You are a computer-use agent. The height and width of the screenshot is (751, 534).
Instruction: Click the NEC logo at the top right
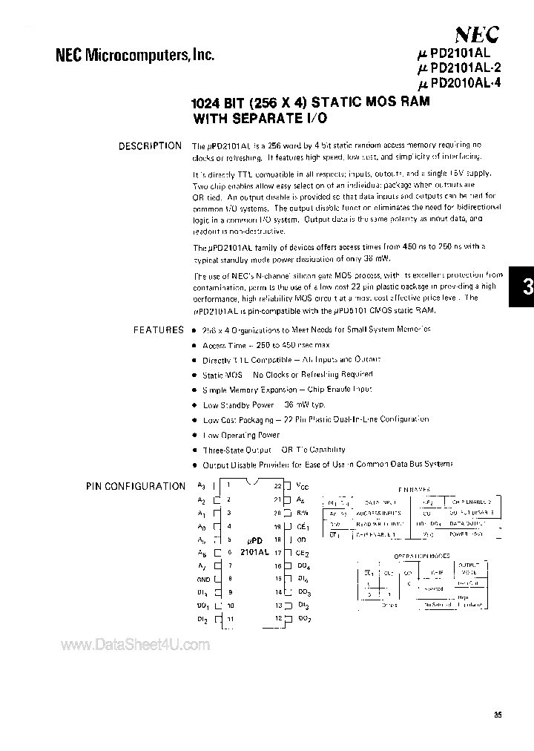point(475,33)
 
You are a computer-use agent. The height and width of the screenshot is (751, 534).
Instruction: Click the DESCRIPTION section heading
point(150,145)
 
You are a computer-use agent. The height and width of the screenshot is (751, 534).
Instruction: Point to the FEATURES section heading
point(158,329)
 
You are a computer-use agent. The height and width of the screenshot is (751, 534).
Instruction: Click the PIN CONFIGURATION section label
point(136,486)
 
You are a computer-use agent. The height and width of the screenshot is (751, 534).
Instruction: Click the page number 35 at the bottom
point(497,715)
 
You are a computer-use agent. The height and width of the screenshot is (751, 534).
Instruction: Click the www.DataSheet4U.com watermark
point(135,645)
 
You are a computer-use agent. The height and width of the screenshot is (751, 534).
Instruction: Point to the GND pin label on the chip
point(202,578)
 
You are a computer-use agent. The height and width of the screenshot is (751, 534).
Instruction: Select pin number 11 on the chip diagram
point(231,619)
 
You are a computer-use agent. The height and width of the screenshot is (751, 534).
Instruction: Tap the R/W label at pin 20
point(303,512)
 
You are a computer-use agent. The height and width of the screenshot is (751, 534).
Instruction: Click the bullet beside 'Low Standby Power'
point(195,405)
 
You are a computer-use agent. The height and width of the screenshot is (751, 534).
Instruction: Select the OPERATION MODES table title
point(420,555)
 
